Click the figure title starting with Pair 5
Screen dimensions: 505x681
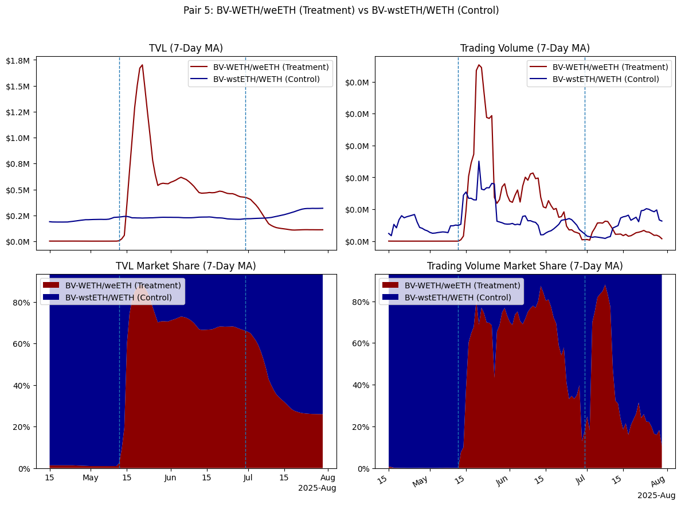pos(340,10)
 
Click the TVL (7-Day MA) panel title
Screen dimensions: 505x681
pos(186,48)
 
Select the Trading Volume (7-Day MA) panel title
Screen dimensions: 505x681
pos(525,48)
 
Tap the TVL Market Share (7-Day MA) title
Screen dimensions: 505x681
pos(186,266)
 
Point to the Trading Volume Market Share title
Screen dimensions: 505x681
pos(525,266)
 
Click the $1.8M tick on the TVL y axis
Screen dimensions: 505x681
pos(21,60)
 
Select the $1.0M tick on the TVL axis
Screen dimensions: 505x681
pos(21,138)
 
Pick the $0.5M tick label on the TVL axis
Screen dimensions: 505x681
pos(21,190)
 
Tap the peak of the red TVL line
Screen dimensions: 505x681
pos(142,65)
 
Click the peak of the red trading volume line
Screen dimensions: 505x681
pos(478,65)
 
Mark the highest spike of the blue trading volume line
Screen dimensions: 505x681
pos(479,161)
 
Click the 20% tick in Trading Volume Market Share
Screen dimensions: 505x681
pos(363,427)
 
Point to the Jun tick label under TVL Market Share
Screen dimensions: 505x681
pos(170,477)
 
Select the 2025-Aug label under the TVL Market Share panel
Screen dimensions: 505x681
pos(317,488)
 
